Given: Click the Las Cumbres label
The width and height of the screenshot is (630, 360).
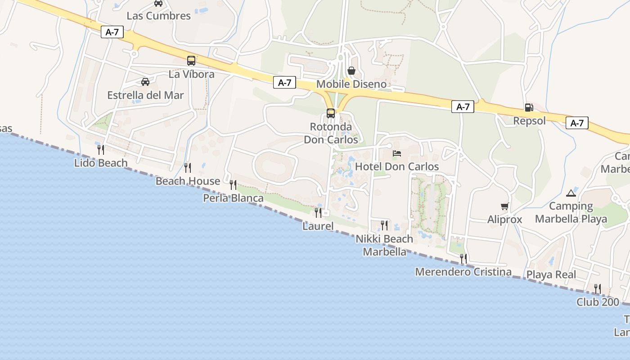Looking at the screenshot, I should [158, 16].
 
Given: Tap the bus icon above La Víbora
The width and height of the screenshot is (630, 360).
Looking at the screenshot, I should [191, 61].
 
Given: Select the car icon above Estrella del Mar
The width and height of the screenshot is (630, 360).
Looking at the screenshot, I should [145, 82].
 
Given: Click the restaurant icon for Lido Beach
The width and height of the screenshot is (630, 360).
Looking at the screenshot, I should [101, 149].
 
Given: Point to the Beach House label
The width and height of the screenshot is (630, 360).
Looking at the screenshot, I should [188, 181].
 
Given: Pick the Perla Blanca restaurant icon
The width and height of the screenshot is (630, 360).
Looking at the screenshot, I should [233, 184].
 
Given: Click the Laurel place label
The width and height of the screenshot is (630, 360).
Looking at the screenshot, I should [318, 226].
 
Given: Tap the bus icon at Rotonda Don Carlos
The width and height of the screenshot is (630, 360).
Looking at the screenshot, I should [331, 113].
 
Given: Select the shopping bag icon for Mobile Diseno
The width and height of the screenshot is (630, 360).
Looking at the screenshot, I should [351, 71].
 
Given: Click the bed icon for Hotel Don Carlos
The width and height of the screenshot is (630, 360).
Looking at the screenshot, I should [397, 153].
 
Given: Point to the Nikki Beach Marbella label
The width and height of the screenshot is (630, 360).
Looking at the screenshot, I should [384, 245].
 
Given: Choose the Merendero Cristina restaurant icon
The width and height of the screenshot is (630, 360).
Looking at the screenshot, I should [463, 258].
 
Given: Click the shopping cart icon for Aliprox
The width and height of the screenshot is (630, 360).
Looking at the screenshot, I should [504, 207].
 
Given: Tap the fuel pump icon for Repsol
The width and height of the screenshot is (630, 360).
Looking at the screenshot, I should [529, 108].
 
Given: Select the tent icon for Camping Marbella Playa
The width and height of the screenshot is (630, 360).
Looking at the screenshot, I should [571, 193].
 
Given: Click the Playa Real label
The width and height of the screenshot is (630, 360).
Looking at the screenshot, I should [551, 274].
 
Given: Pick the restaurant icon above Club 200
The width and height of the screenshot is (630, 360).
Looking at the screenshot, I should [598, 288].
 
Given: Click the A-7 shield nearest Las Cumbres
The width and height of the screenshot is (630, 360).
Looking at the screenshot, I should [112, 32].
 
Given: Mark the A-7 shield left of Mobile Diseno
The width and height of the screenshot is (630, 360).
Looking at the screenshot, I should [284, 82].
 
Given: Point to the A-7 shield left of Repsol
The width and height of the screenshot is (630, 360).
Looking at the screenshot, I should [463, 107].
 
